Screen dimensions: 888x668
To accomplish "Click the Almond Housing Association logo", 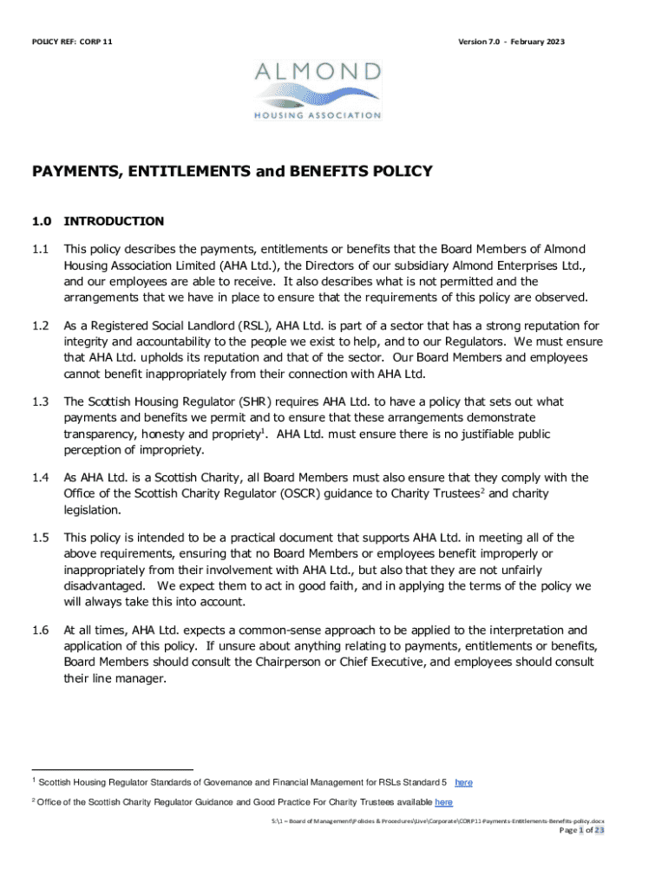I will point(318,89).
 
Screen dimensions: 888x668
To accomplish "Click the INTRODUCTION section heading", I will point(114,221).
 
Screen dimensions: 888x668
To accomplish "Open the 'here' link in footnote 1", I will point(463,782).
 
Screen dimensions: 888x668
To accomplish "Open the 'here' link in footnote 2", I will point(443,802).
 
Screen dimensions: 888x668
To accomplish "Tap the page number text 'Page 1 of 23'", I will point(570,830).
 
